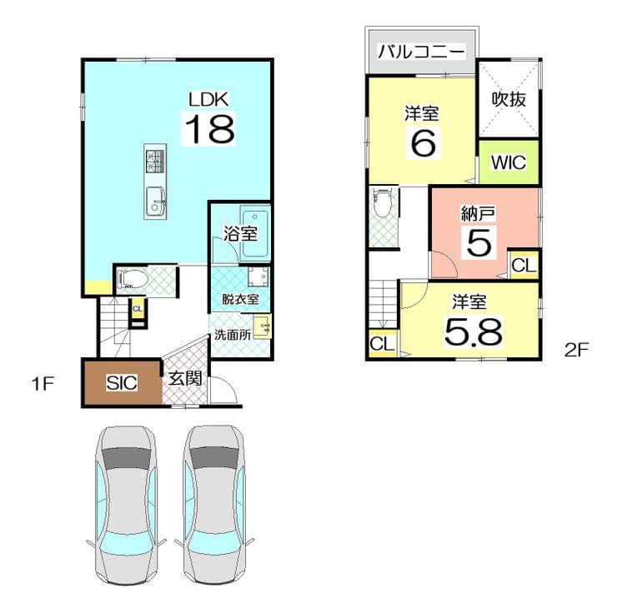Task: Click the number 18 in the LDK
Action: tap(210, 129)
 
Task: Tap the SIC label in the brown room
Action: tap(122, 383)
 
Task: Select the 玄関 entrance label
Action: tap(185, 379)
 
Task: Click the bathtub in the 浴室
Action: tap(255, 234)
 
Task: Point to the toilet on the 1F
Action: tap(133, 280)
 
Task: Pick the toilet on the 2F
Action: tap(381, 203)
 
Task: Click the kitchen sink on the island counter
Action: tap(155, 202)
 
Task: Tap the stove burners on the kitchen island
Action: tap(155, 161)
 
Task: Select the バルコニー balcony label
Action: tap(421, 52)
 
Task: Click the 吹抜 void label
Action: tap(509, 99)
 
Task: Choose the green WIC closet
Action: tap(509, 162)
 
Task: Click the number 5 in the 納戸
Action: tap(479, 242)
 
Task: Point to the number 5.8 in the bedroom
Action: tap(474, 332)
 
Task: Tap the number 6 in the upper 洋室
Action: tap(423, 143)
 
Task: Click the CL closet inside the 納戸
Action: tap(524, 265)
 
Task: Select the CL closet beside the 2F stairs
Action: tap(382, 344)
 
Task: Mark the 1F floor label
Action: tap(42, 384)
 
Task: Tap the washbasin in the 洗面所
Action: tap(263, 326)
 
